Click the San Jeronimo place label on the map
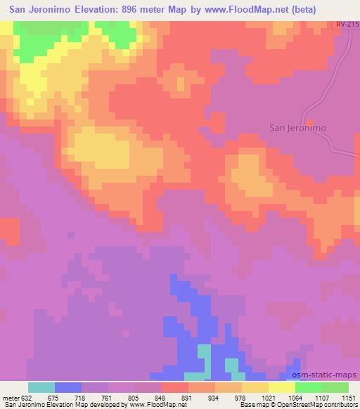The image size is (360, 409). point(298,129)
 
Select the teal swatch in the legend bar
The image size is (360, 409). point(41,387)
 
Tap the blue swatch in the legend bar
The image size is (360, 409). point(68,387)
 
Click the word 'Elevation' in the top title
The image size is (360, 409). point(100,10)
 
